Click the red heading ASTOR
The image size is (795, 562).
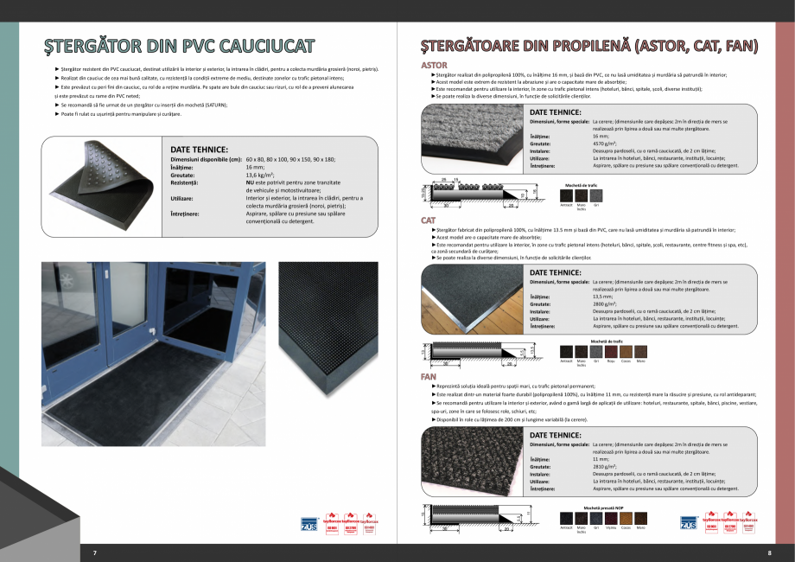tap(434, 66)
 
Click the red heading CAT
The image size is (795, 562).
tap(428, 221)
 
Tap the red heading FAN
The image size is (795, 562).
tap(428, 377)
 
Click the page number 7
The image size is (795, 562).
tap(95, 551)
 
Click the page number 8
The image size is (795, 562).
tap(769, 551)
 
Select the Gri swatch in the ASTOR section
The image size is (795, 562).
tap(595, 197)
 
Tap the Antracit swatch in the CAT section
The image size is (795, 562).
tap(567, 352)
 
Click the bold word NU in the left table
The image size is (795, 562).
tap(251, 182)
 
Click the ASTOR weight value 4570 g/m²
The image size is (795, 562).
tap(607, 144)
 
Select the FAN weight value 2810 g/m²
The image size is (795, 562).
tap(607, 466)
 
